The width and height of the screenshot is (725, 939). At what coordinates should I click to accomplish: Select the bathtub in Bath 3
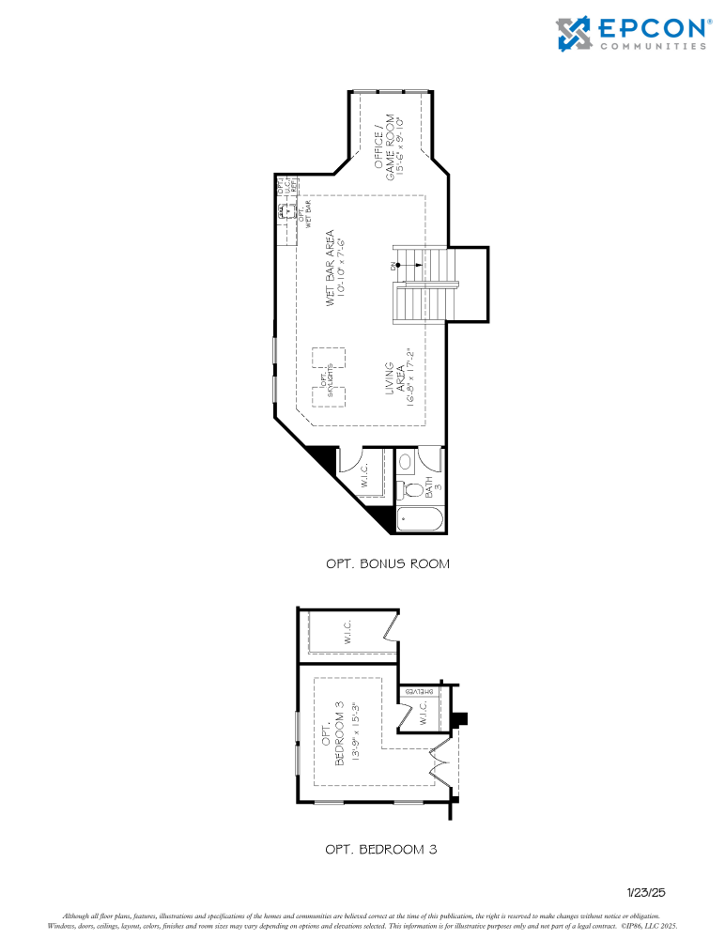click(420, 519)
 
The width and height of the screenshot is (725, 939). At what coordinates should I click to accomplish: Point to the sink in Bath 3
click(405, 461)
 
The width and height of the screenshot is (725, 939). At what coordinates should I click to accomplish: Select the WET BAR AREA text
click(331, 269)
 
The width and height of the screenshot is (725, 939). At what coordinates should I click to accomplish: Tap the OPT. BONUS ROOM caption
click(387, 564)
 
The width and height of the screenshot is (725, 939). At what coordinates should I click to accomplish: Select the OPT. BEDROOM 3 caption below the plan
click(380, 849)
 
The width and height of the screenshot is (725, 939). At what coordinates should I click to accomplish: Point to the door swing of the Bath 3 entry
click(432, 460)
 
